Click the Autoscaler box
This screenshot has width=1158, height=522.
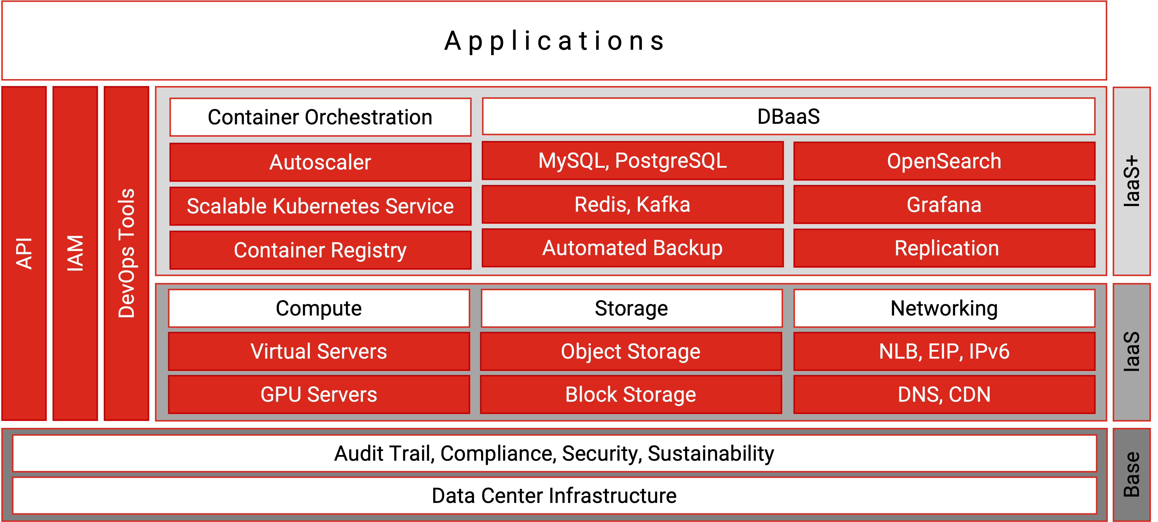(x=320, y=162)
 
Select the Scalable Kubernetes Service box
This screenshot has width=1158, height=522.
(x=320, y=206)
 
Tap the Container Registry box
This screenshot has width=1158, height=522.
(x=320, y=250)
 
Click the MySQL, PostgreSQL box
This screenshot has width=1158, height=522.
(x=632, y=161)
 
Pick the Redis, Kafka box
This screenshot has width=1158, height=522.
(x=632, y=204)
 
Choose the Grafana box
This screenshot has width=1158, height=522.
(x=944, y=205)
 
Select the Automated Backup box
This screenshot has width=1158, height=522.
(x=632, y=248)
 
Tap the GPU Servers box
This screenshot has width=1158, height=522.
(x=319, y=394)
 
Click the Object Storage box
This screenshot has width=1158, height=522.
(x=631, y=351)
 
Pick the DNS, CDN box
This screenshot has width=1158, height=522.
(x=944, y=394)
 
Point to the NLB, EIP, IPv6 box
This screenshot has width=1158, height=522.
(x=944, y=351)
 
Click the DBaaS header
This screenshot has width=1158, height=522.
(x=788, y=116)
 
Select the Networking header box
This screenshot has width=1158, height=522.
(x=944, y=308)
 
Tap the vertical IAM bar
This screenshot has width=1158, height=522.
(x=75, y=253)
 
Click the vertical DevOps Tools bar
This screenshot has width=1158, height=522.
(x=126, y=253)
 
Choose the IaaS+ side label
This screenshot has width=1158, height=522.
(x=1131, y=181)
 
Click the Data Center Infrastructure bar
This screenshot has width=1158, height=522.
(x=554, y=495)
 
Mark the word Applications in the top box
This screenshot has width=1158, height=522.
(x=554, y=41)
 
